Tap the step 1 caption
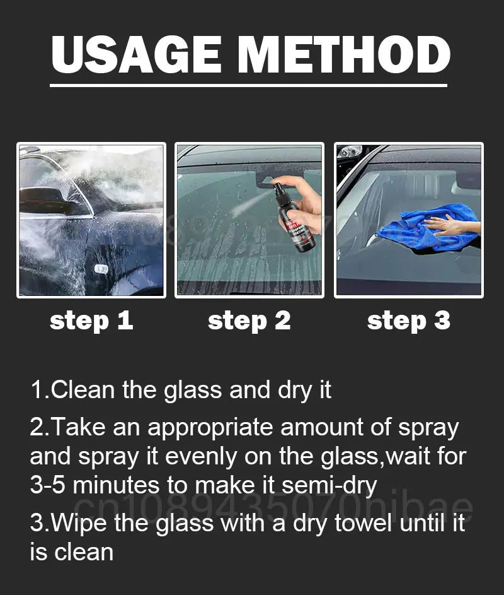91,321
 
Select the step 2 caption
249,321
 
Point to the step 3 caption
409,321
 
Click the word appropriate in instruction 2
210,428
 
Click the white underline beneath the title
248,85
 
